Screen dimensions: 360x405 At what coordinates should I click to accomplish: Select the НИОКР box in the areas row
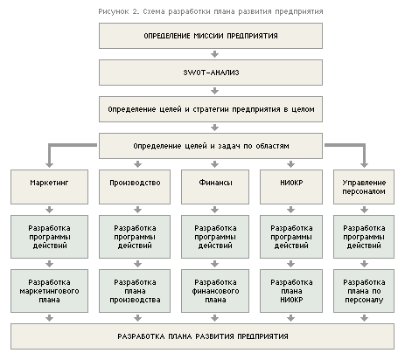coord(281,187)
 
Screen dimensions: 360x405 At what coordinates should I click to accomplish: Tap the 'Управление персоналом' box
coord(360,187)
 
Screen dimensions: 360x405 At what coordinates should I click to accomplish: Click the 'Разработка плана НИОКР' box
coord(281,291)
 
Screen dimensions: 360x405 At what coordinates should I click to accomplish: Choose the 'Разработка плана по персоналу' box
coord(360,291)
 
